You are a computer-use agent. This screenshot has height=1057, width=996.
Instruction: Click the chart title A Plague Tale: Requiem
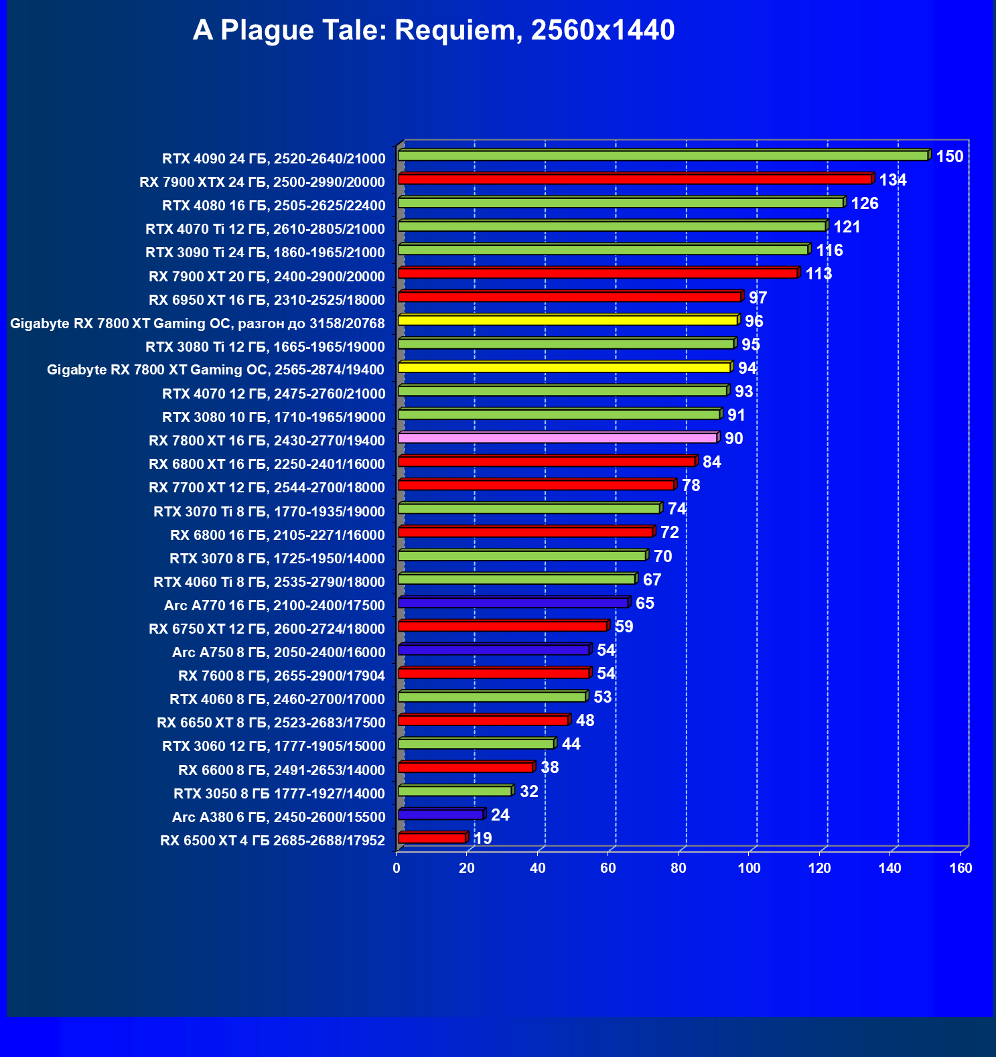click(x=433, y=31)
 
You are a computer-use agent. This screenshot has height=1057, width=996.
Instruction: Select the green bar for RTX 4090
click(x=663, y=155)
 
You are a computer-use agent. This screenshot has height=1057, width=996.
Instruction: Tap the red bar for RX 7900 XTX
click(x=635, y=179)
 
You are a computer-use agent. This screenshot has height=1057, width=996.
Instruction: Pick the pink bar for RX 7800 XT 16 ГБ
click(x=557, y=438)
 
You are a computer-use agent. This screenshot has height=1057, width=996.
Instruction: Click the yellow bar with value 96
click(x=568, y=320)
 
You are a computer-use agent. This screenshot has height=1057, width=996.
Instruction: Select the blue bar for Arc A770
click(x=513, y=603)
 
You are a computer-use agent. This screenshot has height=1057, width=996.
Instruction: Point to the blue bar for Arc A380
click(x=441, y=815)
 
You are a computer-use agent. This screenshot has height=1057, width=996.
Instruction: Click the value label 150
click(x=949, y=157)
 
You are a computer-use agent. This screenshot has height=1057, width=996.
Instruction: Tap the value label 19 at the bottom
click(x=482, y=839)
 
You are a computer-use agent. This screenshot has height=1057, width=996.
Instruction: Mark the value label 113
click(x=818, y=274)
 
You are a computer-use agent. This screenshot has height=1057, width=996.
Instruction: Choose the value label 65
click(x=644, y=604)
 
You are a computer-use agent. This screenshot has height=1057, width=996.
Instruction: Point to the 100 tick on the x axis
click(x=749, y=869)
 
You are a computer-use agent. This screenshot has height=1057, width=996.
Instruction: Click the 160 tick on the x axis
click(x=961, y=869)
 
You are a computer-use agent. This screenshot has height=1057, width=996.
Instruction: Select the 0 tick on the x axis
click(x=397, y=869)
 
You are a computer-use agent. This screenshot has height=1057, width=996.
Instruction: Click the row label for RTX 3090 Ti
click(x=265, y=253)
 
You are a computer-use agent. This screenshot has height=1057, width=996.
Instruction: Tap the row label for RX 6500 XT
click(x=273, y=841)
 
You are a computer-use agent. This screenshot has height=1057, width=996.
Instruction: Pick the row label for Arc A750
click(x=279, y=652)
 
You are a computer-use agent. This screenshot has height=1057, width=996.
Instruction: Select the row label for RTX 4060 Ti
click(x=269, y=582)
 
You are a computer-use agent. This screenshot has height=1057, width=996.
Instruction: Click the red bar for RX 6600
click(x=466, y=768)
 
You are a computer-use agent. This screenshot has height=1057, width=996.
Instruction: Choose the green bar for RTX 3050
click(x=455, y=791)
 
